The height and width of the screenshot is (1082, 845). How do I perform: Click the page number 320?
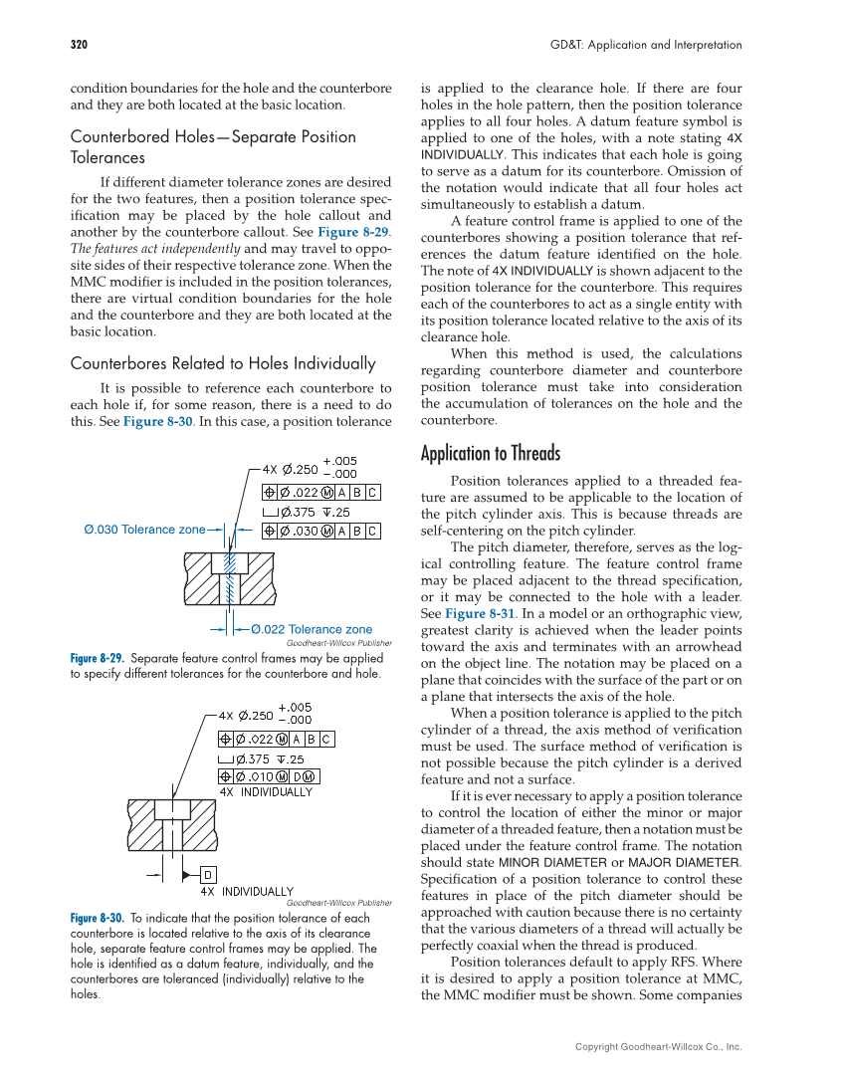coord(79,45)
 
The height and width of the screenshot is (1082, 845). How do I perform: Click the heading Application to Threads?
coord(490,454)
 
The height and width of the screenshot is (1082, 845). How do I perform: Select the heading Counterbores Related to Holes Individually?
coord(223,363)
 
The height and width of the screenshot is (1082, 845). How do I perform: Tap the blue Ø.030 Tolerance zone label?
coord(144,530)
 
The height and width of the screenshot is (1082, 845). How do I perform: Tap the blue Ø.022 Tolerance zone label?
coord(312,629)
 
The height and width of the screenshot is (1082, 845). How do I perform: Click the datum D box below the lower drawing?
coord(209,875)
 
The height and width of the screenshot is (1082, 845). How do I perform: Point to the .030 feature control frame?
coord(320,532)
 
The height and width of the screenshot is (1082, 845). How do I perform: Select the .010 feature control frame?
coord(269,776)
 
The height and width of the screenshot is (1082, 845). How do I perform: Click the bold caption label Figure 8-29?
coord(97,659)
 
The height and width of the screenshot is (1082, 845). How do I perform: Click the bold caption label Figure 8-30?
coord(97,918)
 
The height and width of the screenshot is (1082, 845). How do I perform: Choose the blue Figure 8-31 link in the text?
coord(480,613)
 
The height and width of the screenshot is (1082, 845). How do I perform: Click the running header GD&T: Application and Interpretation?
coord(646,45)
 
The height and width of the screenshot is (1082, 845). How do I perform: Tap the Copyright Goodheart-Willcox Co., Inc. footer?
coord(658,1046)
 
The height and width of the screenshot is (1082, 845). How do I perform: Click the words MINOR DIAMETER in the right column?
coord(550,862)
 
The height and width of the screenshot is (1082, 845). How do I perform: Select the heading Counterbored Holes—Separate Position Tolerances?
coord(213,146)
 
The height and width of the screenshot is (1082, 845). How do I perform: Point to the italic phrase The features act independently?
coord(155,249)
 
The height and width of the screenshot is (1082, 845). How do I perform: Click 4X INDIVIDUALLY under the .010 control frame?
coord(266,792)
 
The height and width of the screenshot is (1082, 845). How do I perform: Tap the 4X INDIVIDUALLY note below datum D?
coord(247,892)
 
